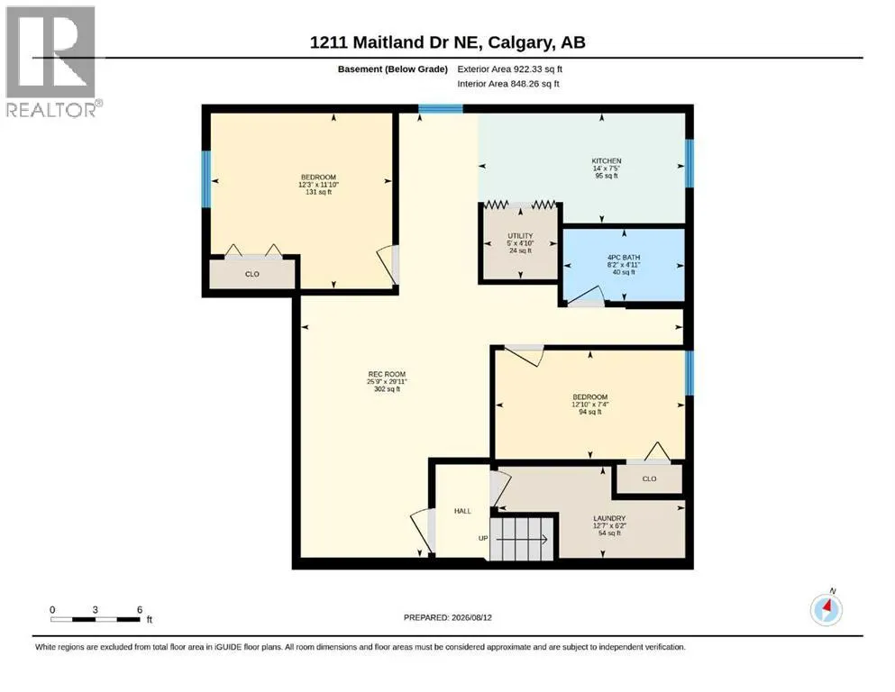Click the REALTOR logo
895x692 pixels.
click(51, 61)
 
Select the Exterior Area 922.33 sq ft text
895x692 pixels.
click(510, 69)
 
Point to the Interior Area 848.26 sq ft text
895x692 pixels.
click(508, 84)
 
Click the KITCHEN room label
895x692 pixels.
click(607, 161)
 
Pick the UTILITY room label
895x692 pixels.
click(520, 235)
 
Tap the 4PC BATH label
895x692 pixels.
click(624, 258)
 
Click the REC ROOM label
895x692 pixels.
click(387, 374)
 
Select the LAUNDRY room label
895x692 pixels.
click(609, 519)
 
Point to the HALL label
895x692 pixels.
click(462, 511)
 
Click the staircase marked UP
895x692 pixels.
click(522, 539)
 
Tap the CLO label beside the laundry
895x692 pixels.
click(649, 478)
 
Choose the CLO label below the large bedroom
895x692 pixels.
click(251, 274)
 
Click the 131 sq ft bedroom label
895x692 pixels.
click(318, 185)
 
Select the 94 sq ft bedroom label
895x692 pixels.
click(590, 404)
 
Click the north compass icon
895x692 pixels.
click(827, 609)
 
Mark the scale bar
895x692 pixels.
click(96, 618)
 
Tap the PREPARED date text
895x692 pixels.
click(447, 617)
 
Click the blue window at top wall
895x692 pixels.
click(440, 108)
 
